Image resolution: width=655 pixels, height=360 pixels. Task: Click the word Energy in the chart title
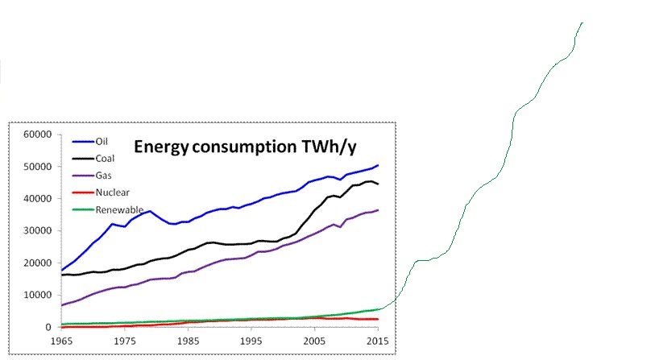(160, 147)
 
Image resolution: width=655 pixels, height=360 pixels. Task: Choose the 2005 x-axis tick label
(315, 341)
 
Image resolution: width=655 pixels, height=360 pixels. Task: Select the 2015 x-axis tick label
(378, 341)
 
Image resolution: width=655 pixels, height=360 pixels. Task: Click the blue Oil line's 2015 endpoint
(378, 165)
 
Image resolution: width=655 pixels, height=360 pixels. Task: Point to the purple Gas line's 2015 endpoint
(378, 210)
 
